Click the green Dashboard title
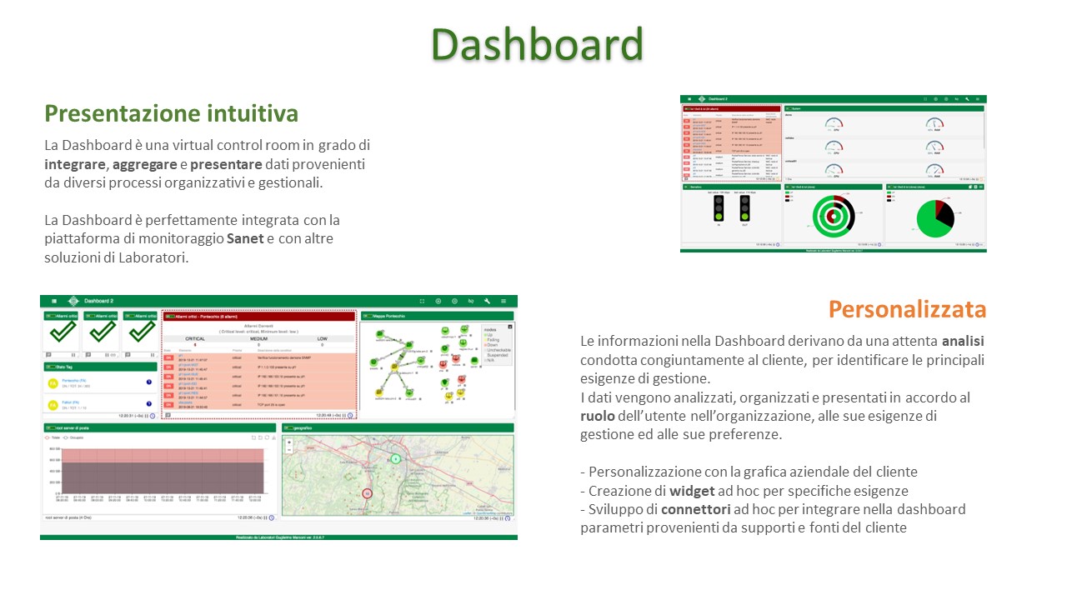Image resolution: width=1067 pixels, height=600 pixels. click(x=537, y=44)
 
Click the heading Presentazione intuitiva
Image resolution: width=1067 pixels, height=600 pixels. click(x=171, y=113)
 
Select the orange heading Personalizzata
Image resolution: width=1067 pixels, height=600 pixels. click(x=907, y=309)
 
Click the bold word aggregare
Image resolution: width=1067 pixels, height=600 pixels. click(x=143, y=164)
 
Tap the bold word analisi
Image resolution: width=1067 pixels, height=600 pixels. click(x=964, y=341)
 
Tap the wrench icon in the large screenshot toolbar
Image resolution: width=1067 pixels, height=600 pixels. click(x=486, y=301)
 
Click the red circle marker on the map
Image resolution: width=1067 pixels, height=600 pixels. click(x=367, y=493)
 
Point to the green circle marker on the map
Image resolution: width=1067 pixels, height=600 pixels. click(x=396, y=458)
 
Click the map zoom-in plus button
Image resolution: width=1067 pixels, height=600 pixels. click(x=288, y=442)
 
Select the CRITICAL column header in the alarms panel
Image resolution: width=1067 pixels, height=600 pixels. click(x=194, y=338)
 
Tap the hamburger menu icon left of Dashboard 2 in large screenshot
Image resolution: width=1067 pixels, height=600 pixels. click(x=54, y=301)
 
